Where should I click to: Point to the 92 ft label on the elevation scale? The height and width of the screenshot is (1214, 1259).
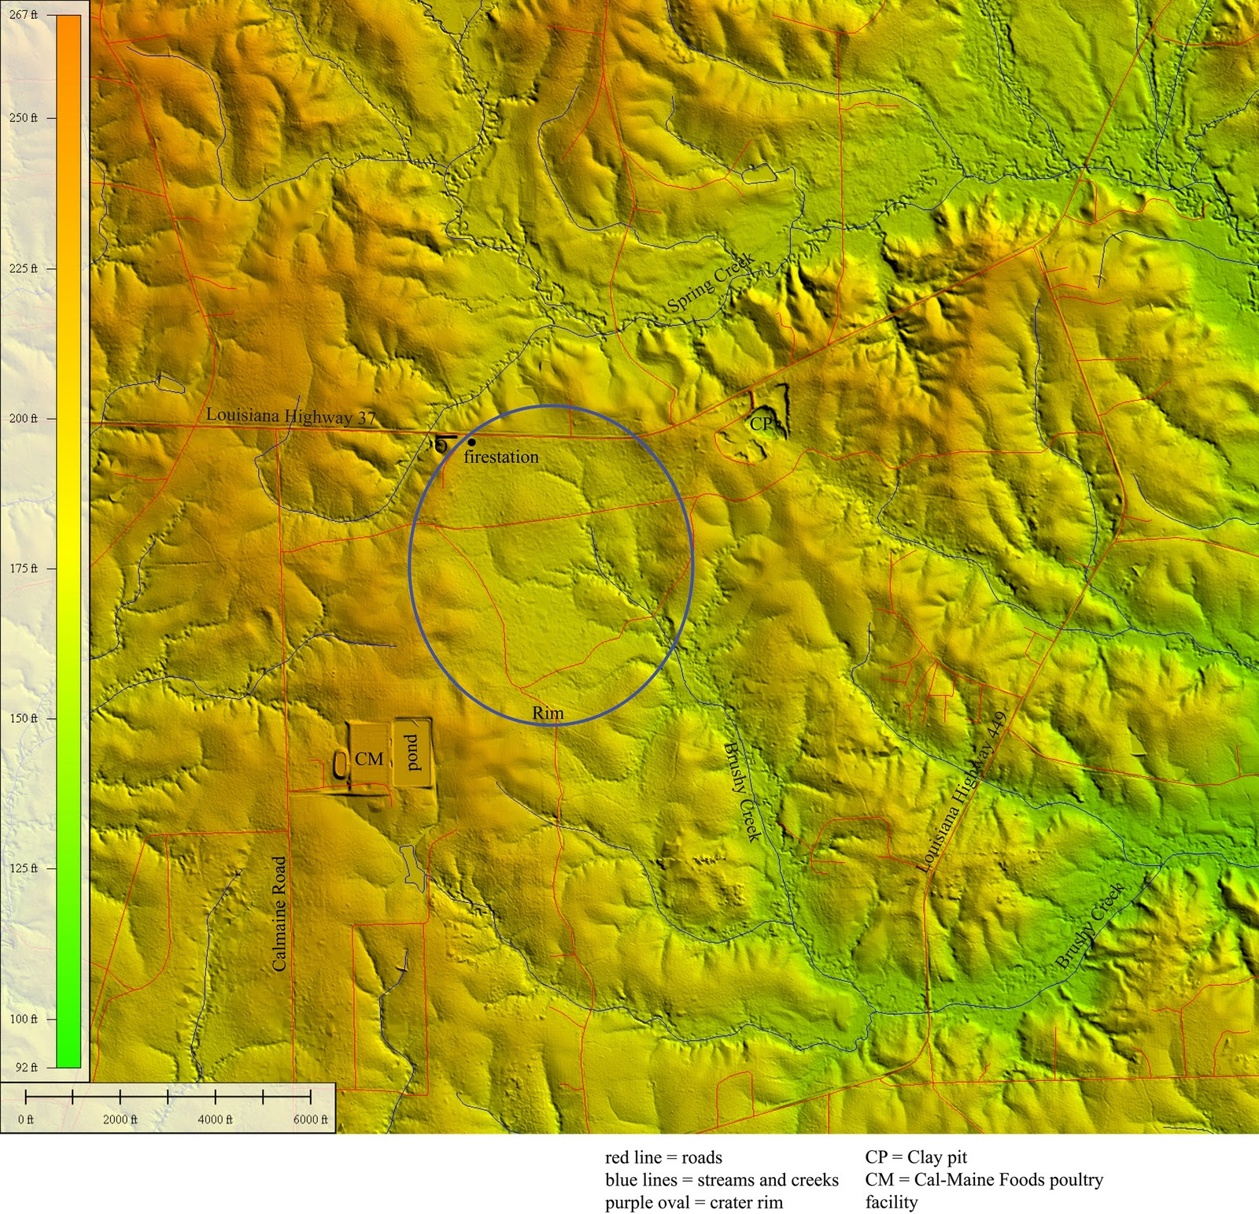(27, 1068)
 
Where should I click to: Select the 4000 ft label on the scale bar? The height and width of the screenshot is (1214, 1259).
(215, 1120)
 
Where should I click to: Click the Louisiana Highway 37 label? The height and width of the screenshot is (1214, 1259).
(291, 416)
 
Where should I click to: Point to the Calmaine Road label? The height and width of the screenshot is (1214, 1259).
(279, 913)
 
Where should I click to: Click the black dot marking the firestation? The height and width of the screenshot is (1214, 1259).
(471, 442)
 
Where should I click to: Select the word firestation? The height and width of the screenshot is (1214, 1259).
(501, 457)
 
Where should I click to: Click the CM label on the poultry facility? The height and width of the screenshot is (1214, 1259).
(369, 759)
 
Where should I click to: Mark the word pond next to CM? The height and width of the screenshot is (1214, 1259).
(414, 753)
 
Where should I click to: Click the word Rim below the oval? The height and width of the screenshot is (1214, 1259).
(548, 713)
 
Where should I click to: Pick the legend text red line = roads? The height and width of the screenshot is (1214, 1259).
(663, 1157)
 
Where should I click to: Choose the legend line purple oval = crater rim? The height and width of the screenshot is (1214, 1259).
(694, 1202)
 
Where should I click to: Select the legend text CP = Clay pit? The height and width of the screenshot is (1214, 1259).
(916, 1157)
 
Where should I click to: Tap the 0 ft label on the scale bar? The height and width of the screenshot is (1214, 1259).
(26, 1120)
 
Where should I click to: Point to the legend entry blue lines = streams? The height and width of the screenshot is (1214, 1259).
(722, 1180)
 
